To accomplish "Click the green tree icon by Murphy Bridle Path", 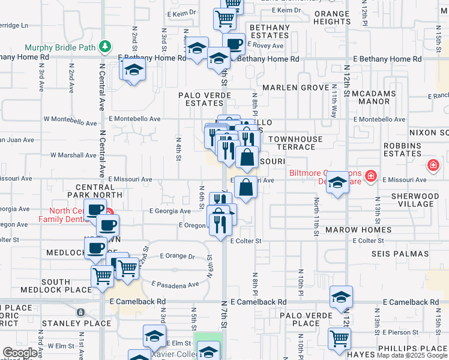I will pyautogui.click(x=105, y=46).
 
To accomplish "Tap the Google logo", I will pyautogui.click(x=20, y=353).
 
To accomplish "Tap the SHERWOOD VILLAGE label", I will pyautogui.click(x=415, y=200).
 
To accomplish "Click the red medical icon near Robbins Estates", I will pyautogui.click(x=432, y=165).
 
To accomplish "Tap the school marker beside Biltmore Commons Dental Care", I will pyautogui.click(x=338, y=182).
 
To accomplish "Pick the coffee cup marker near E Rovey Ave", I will pyautogui.click(x=233, y=43).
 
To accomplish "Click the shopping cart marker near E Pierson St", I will pyautogui.click(x=339, y=338).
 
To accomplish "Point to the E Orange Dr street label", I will pyautogui.click(x=178, y=256).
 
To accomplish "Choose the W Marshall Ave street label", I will pyautogui.click(x=73, y=155).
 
